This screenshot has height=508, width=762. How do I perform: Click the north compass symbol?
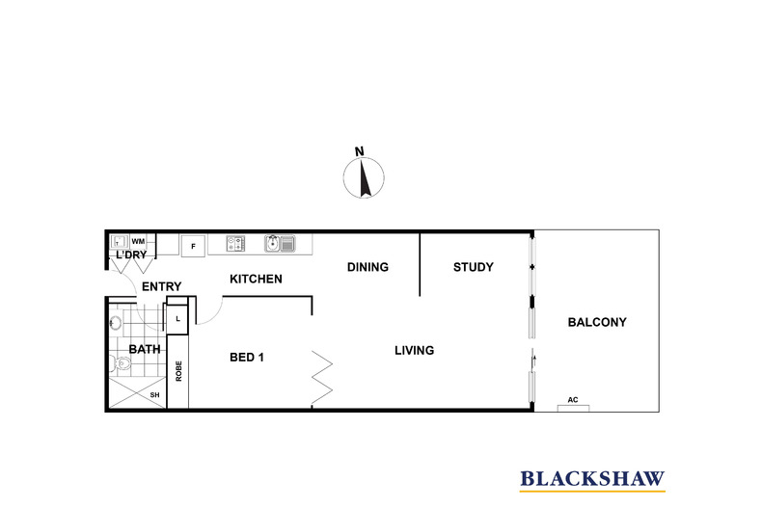point(365,179)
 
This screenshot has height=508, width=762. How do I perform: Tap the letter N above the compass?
point(359,151)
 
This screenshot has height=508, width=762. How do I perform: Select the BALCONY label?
point(597,322)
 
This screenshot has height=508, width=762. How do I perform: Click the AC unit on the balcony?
point(573,404)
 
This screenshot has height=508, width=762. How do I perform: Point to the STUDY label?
point(473,267)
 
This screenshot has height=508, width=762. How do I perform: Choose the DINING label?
point(367,267)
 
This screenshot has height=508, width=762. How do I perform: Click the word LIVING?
point(414,350)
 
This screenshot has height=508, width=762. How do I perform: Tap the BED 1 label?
point(247,357)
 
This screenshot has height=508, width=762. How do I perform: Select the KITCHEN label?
point(256,280)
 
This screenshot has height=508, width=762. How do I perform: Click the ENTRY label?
point(162,287)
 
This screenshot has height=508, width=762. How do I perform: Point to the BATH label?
point(145,349)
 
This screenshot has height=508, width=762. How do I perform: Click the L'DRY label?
point(130,255)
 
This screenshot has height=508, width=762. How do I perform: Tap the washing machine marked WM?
point(138,241)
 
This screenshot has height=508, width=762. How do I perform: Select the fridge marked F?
point(193,245)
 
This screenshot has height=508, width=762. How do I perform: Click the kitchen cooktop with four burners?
point(237,244)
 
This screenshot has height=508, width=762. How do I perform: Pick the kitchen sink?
point(280,244)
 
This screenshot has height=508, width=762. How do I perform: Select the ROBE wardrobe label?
point(178,370)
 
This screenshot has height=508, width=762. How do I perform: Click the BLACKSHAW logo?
point(592,477)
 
